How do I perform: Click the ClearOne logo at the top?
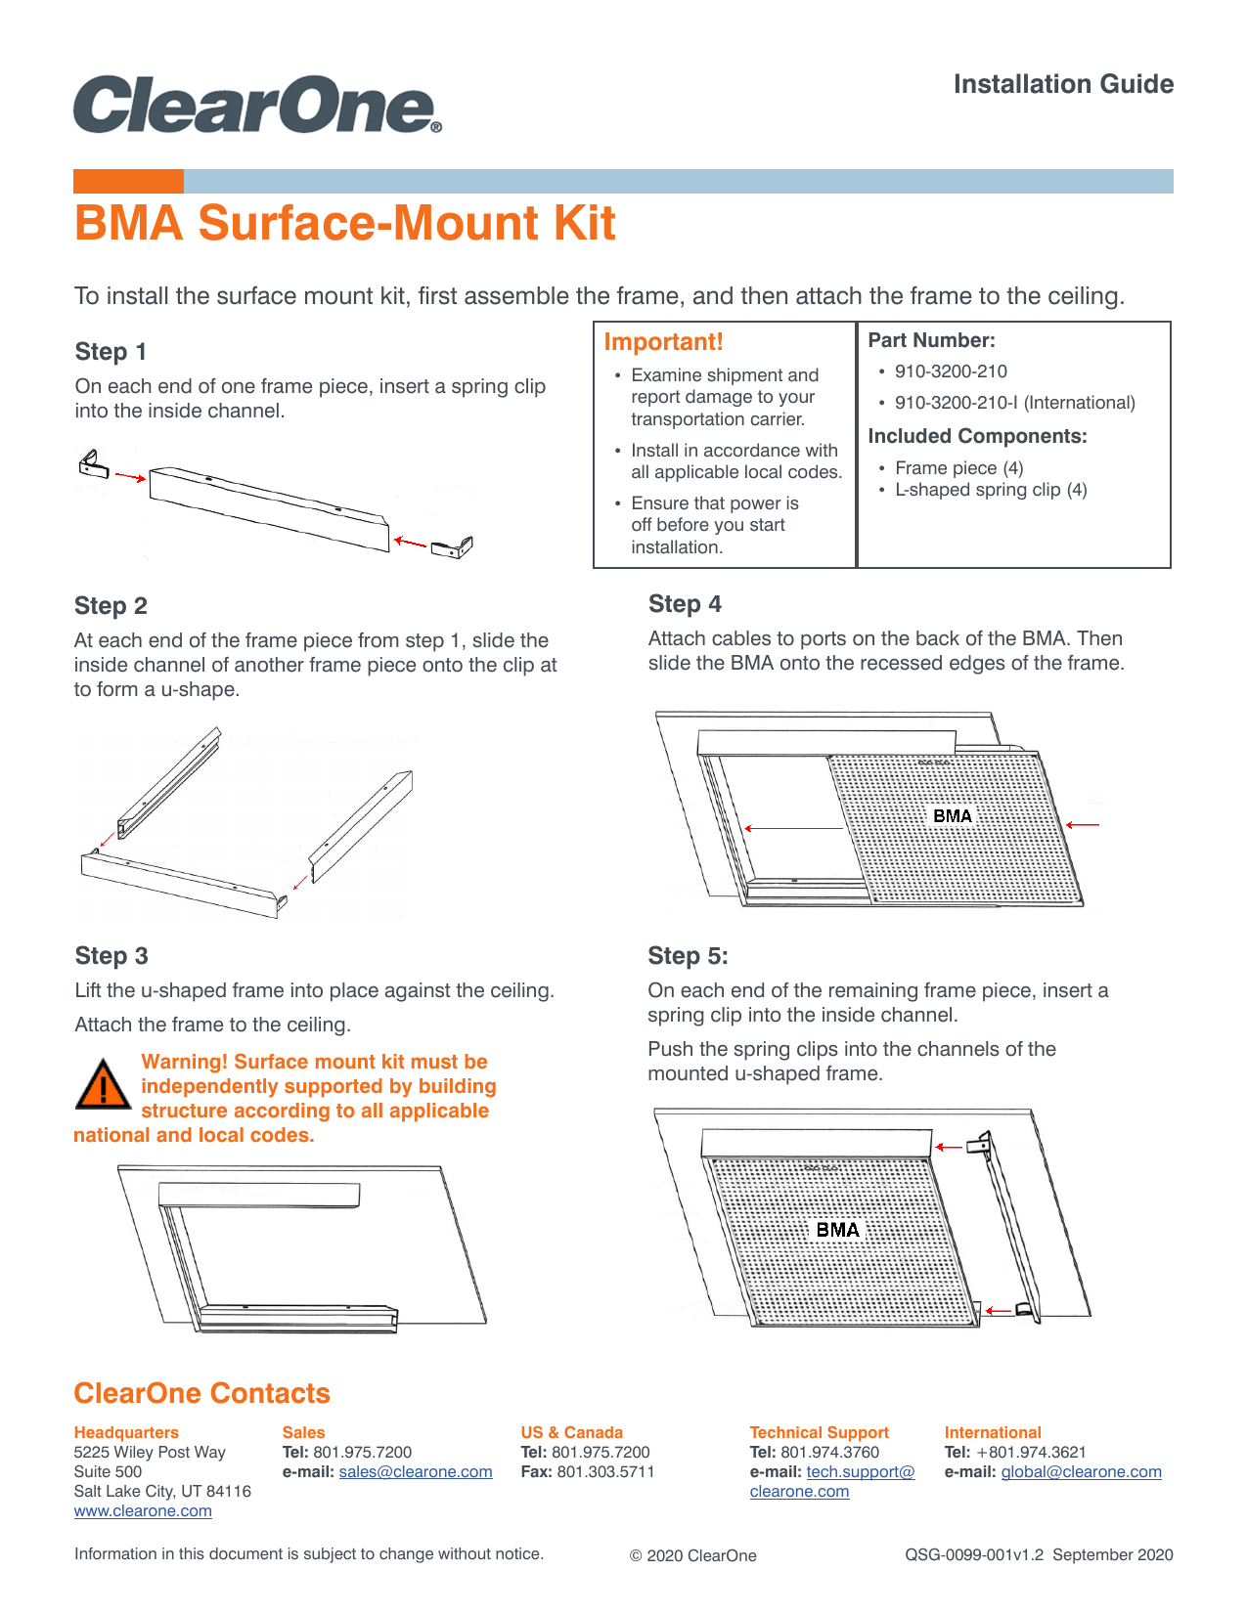click(x=256, y=105)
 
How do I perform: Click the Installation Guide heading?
click(x=1063, y=84)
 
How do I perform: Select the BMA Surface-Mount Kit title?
click(x=344, y=223)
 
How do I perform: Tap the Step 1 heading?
click(x=111, y=352)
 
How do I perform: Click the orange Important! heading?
click(x=663, y=342)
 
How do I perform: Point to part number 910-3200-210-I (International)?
click(x=1014, y=403)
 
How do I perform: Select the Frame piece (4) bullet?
click(x=958, y=468)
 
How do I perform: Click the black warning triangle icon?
click(x=103, y=1084)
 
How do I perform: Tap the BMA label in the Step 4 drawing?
click(x=952, y=816)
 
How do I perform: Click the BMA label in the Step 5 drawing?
click(x=837, y=1230)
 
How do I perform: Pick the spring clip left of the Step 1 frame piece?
click(x=93, y=464)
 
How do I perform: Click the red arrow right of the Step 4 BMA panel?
click(x=1083, y=825)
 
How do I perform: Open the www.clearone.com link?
click(x=143, y=1511)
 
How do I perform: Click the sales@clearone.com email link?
click(x=416, y=1472)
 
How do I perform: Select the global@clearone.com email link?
click(x=1081, y=1472)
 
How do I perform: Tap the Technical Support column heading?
click(x=819, y=1432)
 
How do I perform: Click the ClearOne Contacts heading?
click(x=201, y=1393)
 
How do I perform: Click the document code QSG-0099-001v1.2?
click(x=974, y=1555)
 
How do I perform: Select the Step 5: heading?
click(x=688, y=956)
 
